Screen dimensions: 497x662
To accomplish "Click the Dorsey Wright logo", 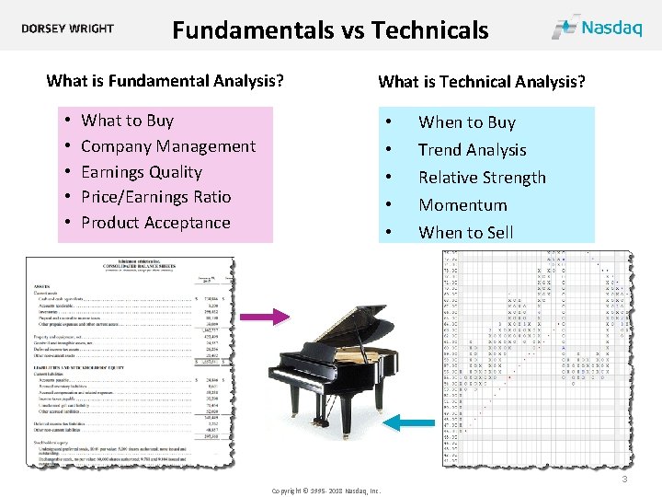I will point(68,29).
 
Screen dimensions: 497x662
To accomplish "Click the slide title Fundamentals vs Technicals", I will point(330,30).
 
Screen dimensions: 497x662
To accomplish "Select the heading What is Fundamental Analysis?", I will point(165,81).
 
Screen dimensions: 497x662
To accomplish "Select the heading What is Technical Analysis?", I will point(482,82).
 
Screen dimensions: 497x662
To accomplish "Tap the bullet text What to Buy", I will point(127,121).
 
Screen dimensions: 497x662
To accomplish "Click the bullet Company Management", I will point(168,146).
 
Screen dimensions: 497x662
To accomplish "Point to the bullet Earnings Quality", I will point(141,172).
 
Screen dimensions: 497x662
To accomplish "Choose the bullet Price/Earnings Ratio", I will point(155,197).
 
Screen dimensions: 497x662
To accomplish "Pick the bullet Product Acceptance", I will point(155,223).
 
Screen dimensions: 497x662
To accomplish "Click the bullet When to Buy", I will point(466,122).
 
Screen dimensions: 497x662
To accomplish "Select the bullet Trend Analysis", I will point(472,150).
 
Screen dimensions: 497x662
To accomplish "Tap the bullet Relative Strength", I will point(482,178).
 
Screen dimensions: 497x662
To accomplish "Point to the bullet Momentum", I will point(462,205).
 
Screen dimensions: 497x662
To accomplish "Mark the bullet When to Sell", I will point(465,233).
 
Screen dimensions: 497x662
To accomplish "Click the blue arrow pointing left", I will point(408,422).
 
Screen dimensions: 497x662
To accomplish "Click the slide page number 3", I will point(624,480).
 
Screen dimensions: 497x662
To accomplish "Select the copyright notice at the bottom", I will point(325,491).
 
